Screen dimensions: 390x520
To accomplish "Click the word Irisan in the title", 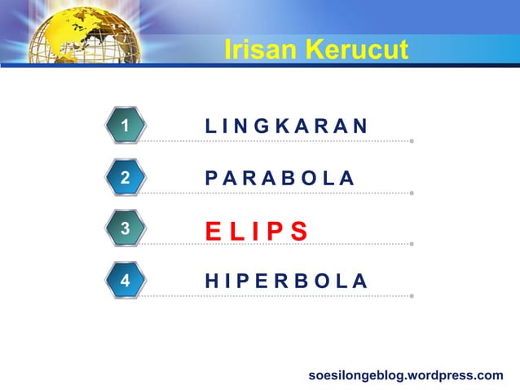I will tap(260, 50).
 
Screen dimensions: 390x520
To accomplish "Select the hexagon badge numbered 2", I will tap(125, 177).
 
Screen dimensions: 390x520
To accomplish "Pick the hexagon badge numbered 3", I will tap(125, 228).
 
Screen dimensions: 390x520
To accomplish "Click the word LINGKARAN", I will tap(286, 126).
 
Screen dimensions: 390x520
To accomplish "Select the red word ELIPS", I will tap(256, 231).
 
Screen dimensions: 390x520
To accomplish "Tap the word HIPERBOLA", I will tap(286, 281).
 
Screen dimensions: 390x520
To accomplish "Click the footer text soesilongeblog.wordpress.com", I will tap(406, 375).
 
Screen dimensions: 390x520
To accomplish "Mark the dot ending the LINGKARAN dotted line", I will tap(412, 141).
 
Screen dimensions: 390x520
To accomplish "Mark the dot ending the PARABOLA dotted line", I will tap(412, 193).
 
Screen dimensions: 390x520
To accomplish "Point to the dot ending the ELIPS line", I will tap(412, 244).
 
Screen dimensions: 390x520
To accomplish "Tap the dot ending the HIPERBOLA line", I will tap(412, 295).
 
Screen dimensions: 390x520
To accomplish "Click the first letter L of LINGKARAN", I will tap(210, 126).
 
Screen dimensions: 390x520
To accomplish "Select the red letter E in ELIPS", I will tap(213, 231).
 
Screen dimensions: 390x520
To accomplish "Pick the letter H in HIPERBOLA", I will tap(211, 281).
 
